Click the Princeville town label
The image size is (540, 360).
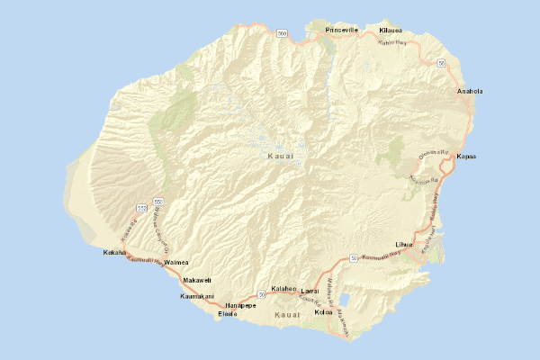[342, 30]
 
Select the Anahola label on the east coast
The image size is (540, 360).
[470, 91]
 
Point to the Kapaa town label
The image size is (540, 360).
[466, 157]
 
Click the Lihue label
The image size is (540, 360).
[403, 244]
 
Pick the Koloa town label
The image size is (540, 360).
[323, 313]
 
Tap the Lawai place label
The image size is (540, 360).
[310, 291]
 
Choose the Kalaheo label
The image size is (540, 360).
[284, 288]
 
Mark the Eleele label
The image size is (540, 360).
[227, 314]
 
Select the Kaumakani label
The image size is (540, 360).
[196, 296]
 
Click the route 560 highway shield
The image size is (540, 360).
[283, 34]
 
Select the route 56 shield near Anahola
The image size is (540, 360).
[442, 63]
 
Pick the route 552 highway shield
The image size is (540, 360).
[142, 208]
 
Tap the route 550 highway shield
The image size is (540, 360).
[157, 201]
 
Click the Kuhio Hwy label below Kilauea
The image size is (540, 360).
[393, 42]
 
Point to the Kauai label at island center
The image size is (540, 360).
[281, 157]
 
